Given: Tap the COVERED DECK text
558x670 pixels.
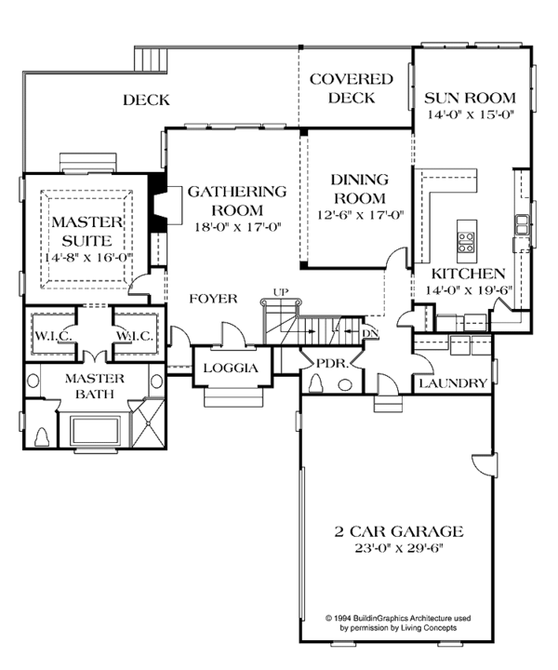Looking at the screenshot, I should coord(351,88).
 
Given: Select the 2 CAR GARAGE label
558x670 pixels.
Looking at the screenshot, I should coord(400,531).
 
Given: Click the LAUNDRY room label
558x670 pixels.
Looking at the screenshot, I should coord(451,383).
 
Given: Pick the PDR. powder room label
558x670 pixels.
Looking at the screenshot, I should coord(332,364).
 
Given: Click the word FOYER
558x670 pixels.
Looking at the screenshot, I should coord(213,299).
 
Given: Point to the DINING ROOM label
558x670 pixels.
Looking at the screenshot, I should coord(358,190).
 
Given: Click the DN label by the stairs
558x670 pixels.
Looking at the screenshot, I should coord(370,331).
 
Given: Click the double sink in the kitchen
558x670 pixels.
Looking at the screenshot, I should coord(523,223).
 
